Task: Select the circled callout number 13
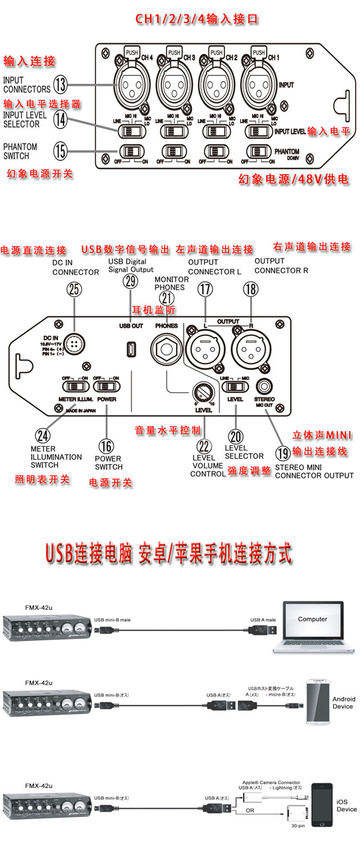pos(60,84)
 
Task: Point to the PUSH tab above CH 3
pos(174,52)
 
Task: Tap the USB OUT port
pos(131,349)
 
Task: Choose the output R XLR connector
pos(251,348)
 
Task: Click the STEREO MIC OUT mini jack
pos(264,387)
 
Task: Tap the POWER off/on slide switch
pos(106,386)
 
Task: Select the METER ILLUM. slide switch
pos(75,386)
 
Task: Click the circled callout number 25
pos(74,289)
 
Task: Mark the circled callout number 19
pos(283,453)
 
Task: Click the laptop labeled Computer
pos(313,627)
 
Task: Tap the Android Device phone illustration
pos(318,702)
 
